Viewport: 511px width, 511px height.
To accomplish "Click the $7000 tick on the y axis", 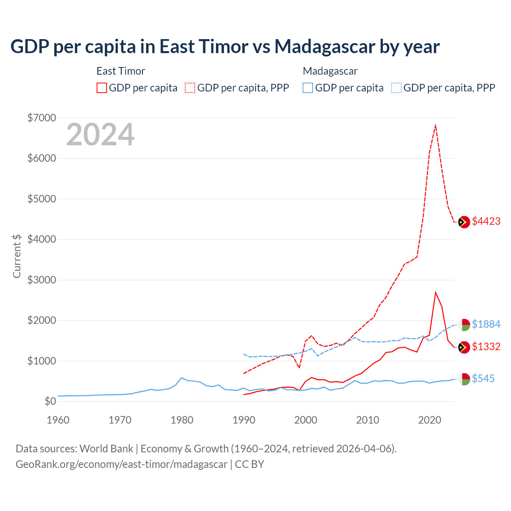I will click(42, 118).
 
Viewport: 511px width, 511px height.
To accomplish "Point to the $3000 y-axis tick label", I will click(42, 280).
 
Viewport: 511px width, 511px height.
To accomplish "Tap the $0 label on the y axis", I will click(50, 401).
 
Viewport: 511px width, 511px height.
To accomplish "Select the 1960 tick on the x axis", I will click(58, 420).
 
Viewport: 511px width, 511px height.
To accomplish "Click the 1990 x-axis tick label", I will click(244, 420).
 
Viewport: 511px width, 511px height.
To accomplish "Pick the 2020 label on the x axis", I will click(430, 420).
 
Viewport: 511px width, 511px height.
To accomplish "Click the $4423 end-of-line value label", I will click(486, 221).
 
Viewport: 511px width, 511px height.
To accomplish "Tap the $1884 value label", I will click(486, 324).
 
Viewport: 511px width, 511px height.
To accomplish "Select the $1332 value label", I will click(486, 347).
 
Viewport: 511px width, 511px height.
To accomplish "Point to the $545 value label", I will click(483, 378).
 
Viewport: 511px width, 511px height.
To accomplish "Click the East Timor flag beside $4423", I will click(464, 222).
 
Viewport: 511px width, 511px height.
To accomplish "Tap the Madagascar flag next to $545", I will click(464, 379).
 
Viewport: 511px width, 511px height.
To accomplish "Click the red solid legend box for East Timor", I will click(102, 88).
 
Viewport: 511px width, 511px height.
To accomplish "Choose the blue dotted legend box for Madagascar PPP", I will click(396, 88).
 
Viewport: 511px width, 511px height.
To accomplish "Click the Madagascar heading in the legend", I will click(330, 71).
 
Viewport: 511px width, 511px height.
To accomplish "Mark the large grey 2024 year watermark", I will click(100, 135).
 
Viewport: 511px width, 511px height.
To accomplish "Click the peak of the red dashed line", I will click(436, 125).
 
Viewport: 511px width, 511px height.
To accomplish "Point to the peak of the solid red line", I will click(436, 292).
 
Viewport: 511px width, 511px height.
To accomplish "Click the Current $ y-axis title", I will click(17, 256).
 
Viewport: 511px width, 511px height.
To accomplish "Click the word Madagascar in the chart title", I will click(325, 47).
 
